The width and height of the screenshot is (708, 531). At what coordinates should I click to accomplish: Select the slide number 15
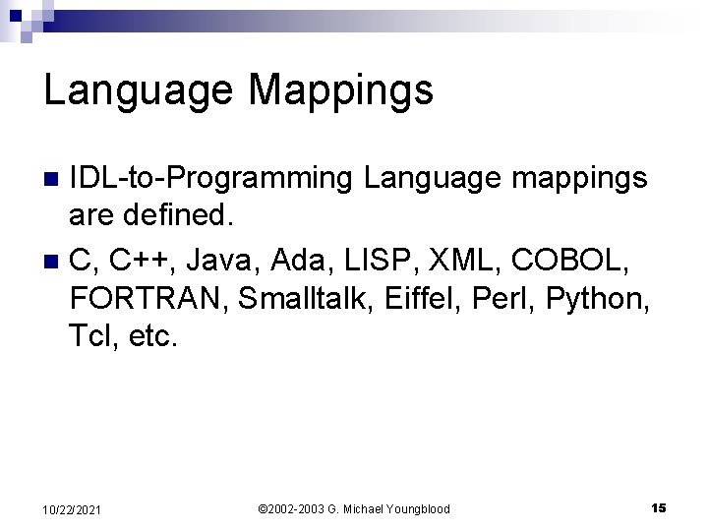(658, 507)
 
